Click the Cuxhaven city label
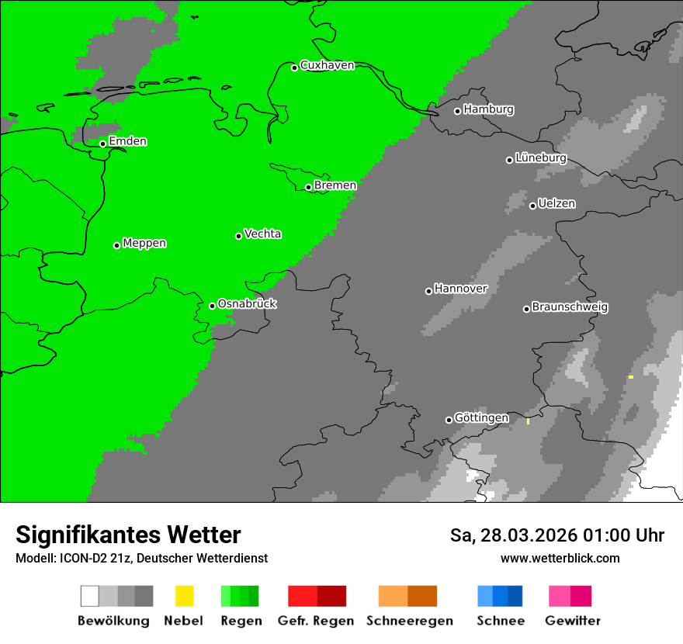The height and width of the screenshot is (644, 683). [327, 65]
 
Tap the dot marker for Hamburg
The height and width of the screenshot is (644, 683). [457, 111]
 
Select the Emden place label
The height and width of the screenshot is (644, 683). [127, 141]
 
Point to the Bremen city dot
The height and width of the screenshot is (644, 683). [308, 187]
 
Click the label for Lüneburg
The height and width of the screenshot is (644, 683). [540, 158]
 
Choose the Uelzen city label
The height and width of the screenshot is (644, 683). [556, 203]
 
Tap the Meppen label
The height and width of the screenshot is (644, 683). [144, 243]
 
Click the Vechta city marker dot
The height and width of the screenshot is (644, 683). [238, 236]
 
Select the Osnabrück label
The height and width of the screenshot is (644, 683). [247, 303]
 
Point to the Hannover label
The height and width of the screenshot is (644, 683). [460, 289]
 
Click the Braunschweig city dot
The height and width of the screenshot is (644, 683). [526, 309]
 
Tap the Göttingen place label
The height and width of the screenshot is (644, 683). [481, 418]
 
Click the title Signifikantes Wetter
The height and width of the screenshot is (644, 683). [128, 535]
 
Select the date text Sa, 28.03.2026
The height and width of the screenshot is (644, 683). [512, 535]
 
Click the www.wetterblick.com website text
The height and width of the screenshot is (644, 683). [560, 558]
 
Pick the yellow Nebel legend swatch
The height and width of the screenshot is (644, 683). [184, 596]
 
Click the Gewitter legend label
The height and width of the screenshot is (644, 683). [572, 621]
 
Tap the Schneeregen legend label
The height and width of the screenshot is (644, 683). [409, 621]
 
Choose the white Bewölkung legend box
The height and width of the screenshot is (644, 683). [90, 596]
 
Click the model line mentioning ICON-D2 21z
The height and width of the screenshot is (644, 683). [141, 558]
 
